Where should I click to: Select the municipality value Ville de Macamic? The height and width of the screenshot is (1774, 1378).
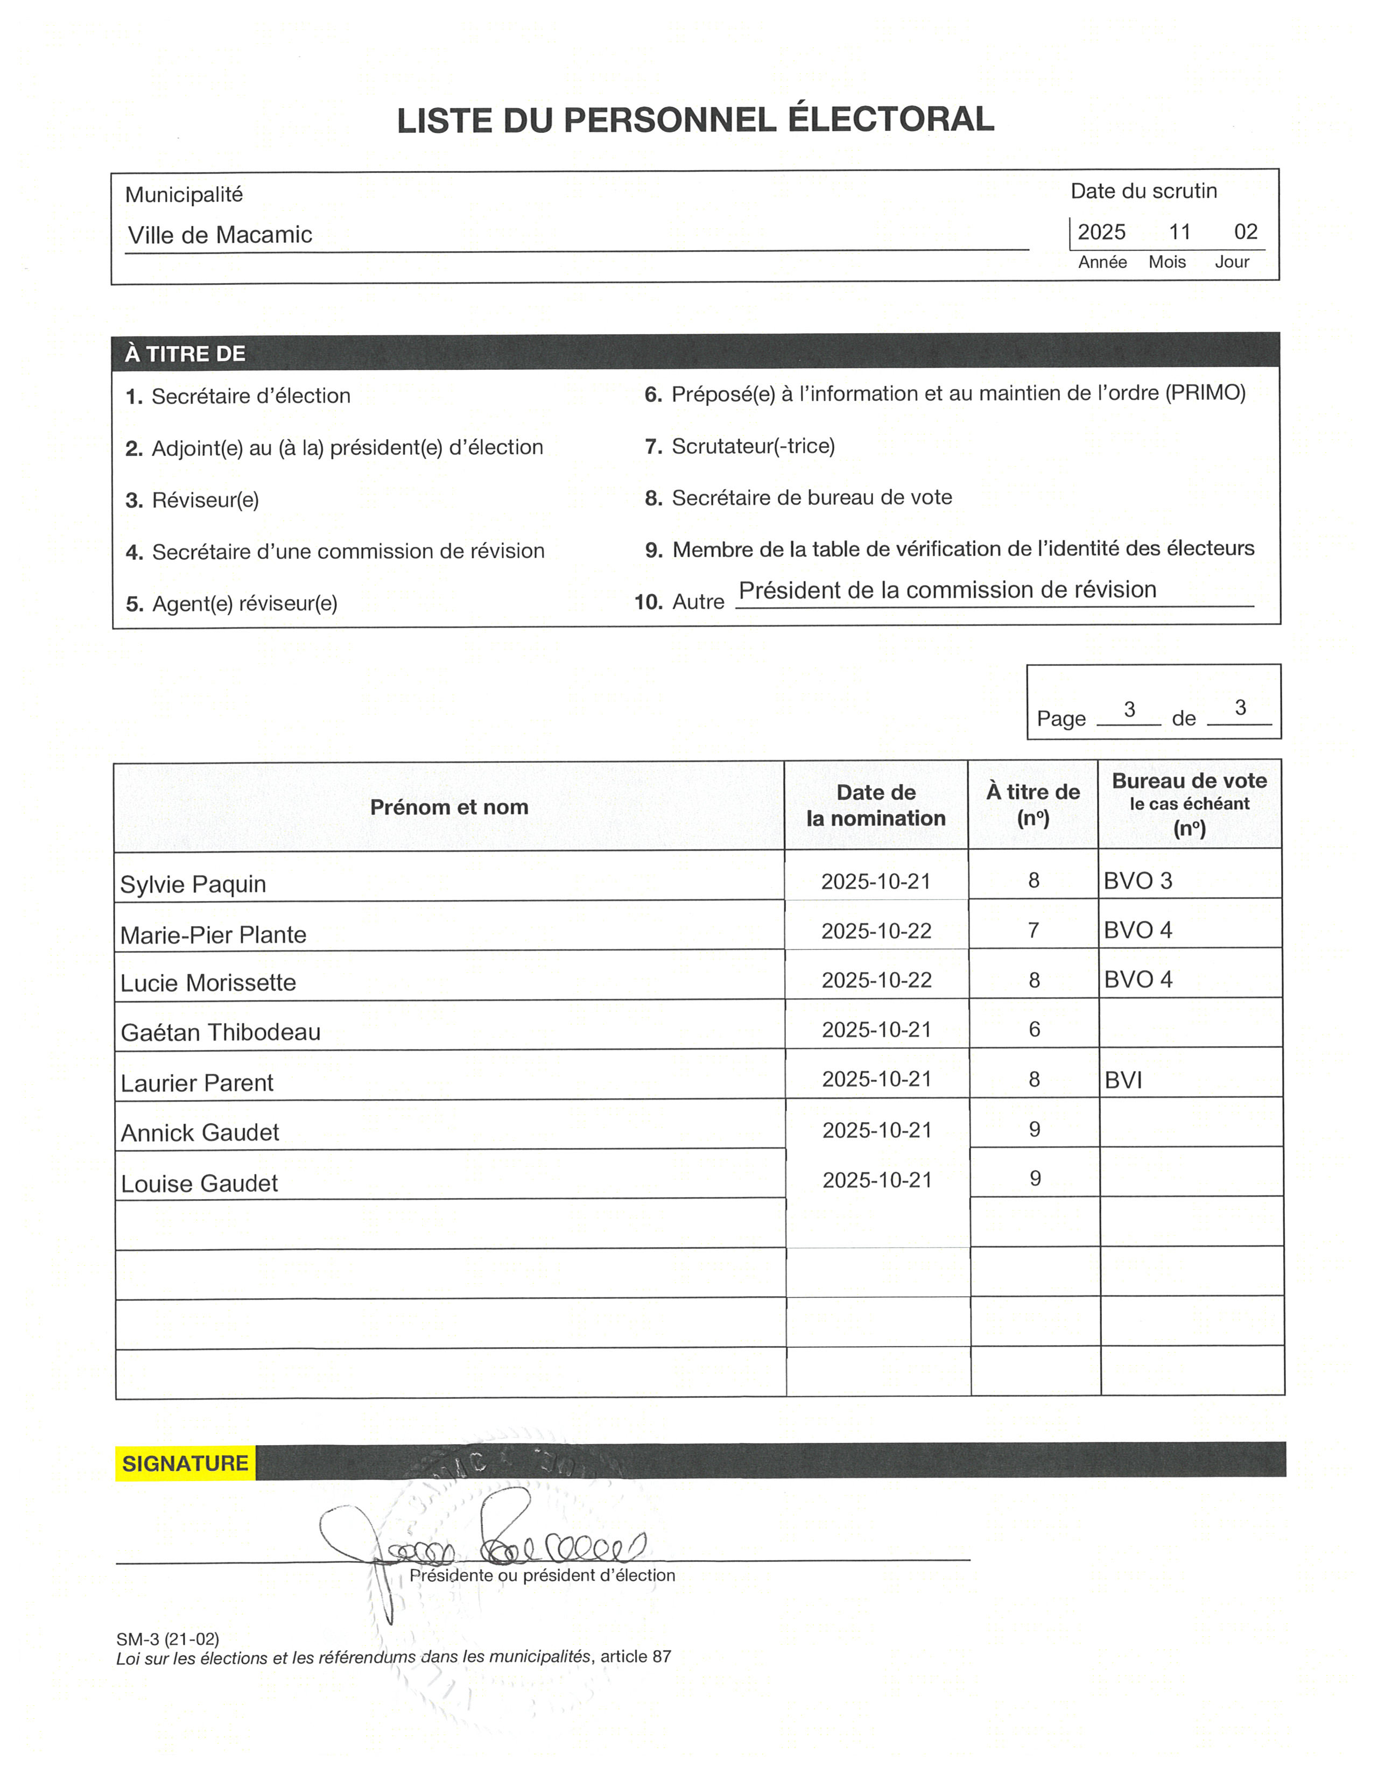[220, 235]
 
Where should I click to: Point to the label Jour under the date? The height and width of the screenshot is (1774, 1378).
[1232, 262]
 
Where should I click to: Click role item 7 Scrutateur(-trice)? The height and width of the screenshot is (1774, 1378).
[753, 446]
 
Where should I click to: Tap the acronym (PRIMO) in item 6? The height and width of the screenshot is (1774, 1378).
[1205, 393]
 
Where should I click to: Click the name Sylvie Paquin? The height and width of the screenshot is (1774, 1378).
[193, 884]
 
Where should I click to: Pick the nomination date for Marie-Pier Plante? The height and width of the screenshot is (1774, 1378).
[876, 931]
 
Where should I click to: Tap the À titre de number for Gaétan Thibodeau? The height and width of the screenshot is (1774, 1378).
[1033, 1029]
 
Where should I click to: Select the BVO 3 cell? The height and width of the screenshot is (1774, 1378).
[1137, 881]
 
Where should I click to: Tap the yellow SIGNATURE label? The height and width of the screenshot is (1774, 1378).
[185, 1463]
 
